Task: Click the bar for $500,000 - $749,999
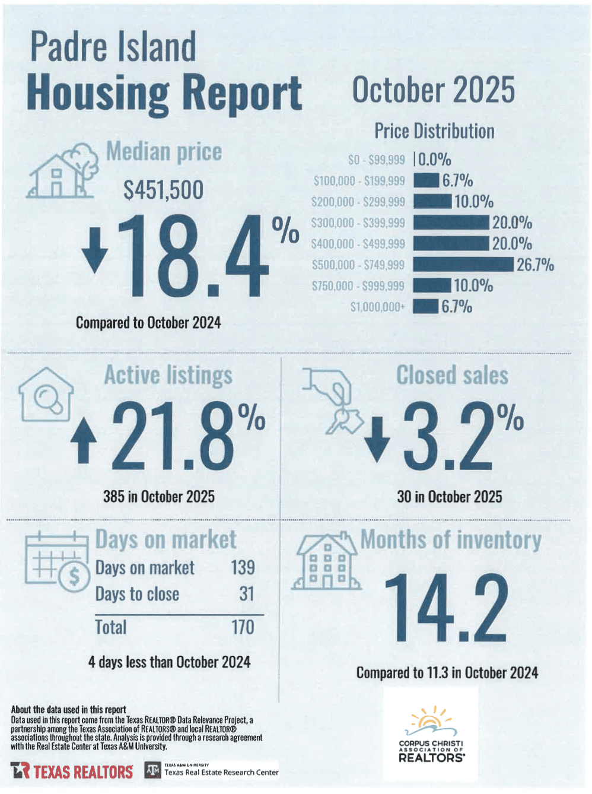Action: [x=463, y=265]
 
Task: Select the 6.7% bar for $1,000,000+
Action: [x=425, y=307]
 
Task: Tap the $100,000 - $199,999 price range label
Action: [x=359, y=181]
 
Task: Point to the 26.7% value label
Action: [x=535, y=265]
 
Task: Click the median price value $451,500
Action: [x=163, y=190]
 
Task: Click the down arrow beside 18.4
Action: [x=95, y=250]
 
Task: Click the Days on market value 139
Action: [x=243, y=567]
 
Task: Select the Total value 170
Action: [x=243, y=627]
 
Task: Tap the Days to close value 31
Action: [x=246, y=593]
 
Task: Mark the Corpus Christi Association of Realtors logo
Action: [x=431, y=735]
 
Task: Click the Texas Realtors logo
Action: [x=72, y=771]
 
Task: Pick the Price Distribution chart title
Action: [x=434, y=131]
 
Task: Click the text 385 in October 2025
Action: [x=159, y=496]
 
